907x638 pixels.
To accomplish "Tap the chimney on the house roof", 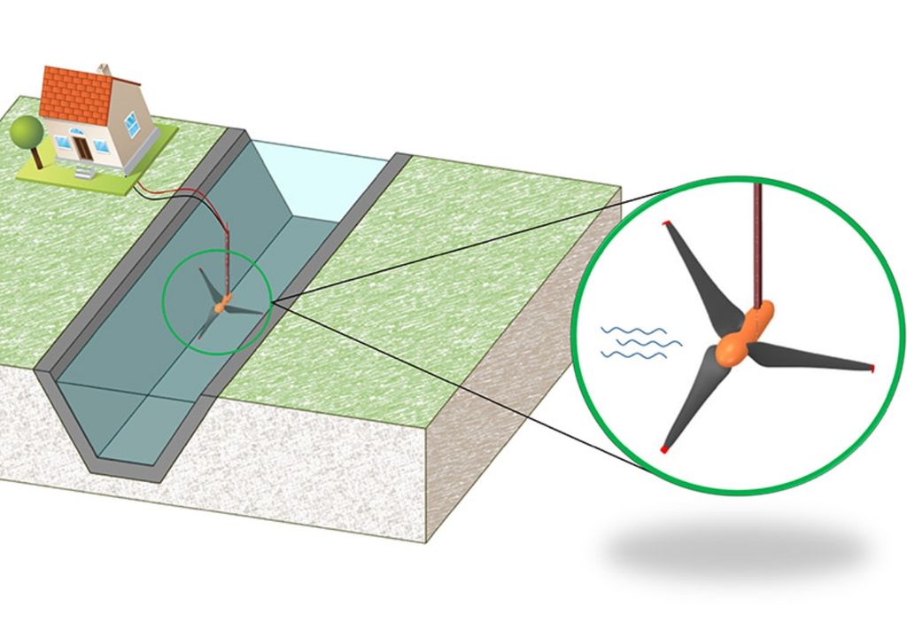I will tap(104, 69).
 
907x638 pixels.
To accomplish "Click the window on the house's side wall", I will tap(131, 124).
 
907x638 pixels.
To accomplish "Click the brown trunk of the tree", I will tap(36, 157).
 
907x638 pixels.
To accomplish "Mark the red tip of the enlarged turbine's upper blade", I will tap(665, 223).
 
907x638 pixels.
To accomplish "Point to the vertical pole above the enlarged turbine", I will tap(758, 239).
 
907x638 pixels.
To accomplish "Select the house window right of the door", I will tap(101, 146).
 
